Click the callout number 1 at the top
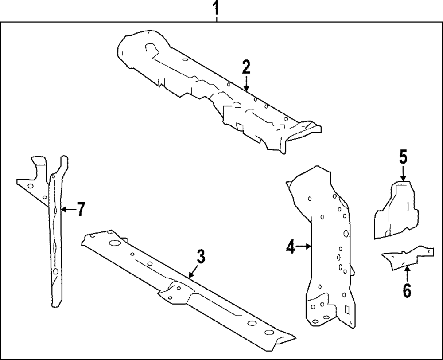[x=216, y=8]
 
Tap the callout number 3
[x=200, y=256]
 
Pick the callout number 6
[x=407, y=291]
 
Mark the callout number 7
[x=80, y=209]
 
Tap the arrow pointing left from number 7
[x=66, y=209]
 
